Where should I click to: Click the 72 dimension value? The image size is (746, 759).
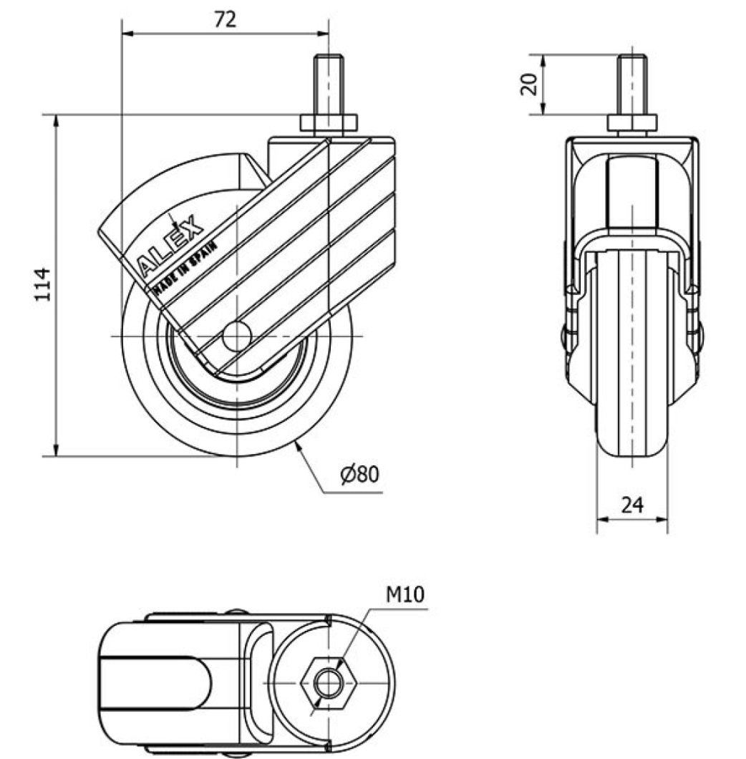click(225, 19)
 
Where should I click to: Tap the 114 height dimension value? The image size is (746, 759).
click(44, 284)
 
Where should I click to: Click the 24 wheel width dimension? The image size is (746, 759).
click(631, 506)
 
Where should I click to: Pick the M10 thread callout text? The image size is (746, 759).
click(406, 594)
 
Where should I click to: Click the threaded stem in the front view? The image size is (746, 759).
click(632, 84)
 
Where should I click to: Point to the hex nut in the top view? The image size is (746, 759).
click(329, 683)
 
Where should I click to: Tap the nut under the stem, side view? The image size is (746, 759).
click(329, 123)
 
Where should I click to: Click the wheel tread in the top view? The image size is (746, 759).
click(154, 684)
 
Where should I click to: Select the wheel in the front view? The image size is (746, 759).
click(632, 358)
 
